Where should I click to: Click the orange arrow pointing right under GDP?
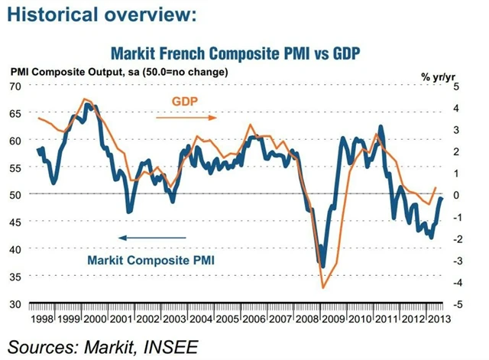point(186,118)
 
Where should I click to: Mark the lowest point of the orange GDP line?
point(323,287)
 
